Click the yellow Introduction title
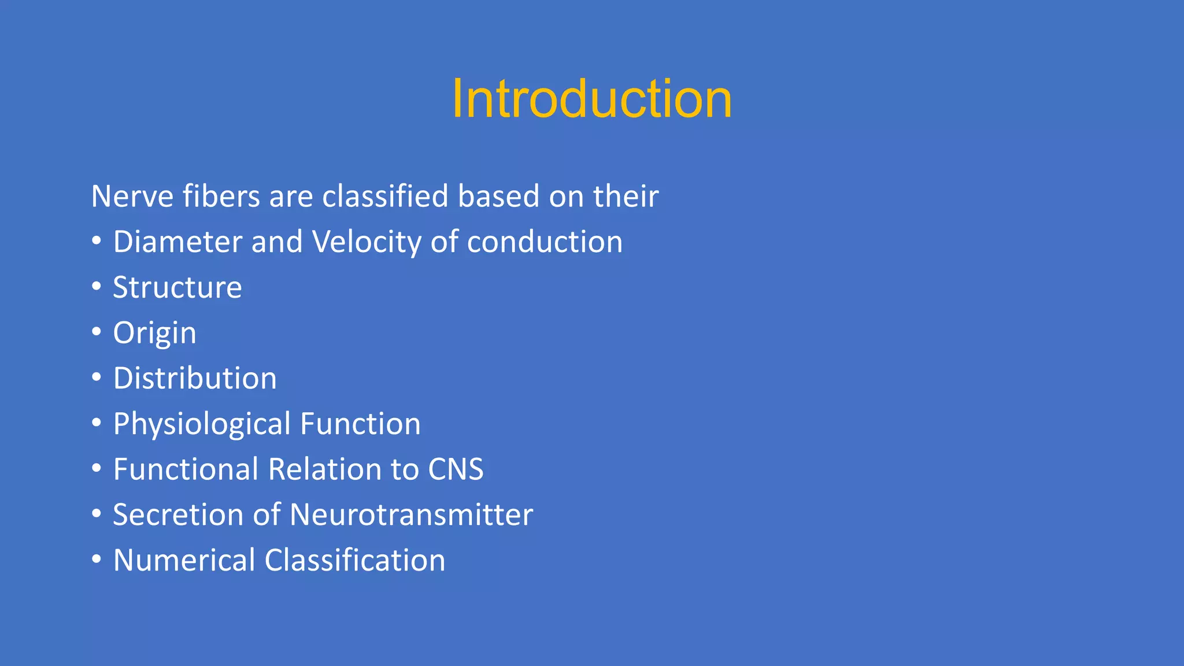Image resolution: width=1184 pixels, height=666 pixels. [591, 99]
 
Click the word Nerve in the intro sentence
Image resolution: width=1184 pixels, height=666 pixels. [132, 196]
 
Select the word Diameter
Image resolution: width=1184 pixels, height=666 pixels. [177, 242]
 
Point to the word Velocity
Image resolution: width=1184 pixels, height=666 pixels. [367, 242]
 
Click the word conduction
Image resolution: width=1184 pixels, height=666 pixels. [545, 242]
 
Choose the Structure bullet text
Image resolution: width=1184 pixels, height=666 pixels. [177, 287]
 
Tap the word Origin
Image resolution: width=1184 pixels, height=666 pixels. [154, 333]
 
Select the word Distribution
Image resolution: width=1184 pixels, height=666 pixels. [195, 378]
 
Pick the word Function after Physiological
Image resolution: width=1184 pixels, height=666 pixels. [360, 424]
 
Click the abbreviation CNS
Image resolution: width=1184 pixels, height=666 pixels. [455, 469]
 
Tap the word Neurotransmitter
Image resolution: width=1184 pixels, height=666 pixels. [411, 515]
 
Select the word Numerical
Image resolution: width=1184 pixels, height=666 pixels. [184, 560]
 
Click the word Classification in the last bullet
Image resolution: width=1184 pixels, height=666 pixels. [355, 560]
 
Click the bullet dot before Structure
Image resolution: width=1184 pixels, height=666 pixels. [97, 287]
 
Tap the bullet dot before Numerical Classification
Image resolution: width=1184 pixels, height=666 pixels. [97, 560]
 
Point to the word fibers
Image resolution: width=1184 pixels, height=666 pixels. [221, 196]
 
